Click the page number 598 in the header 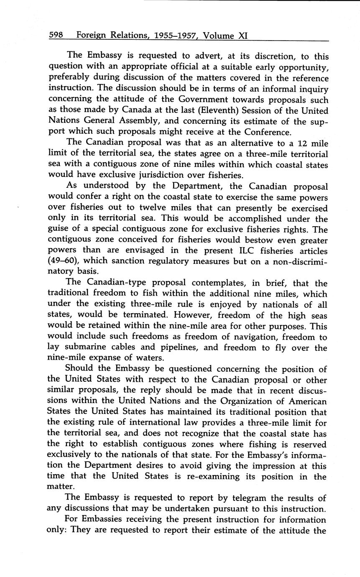pyautogui.click(x=56, y=36)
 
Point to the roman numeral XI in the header pyautogui.click(x=243, y=36)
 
